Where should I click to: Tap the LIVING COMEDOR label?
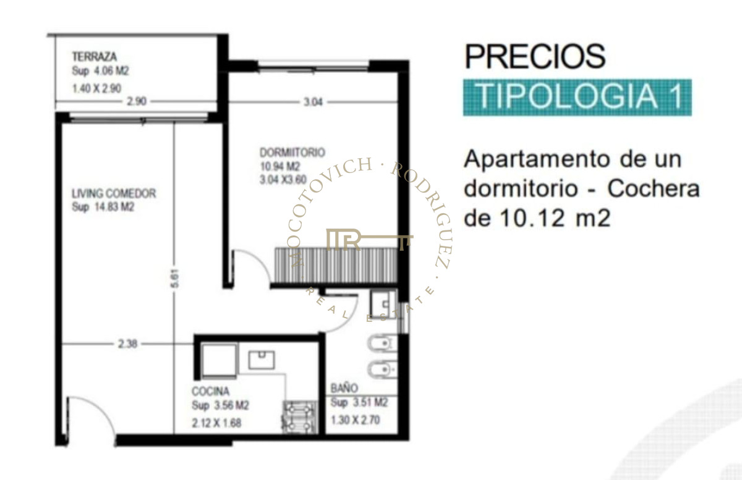pyautogui.click(x=114, y=193)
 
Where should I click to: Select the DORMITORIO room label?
pyautogui.click(x=292, y=153)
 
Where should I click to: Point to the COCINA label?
pyautogui.click(x=210, y=391)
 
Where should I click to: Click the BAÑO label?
pyautogui.click(x=344, y=389)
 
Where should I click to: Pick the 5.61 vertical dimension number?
pyautogui.click(x=174, y=280)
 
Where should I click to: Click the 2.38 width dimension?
pyautogui.click(x=127, y=345)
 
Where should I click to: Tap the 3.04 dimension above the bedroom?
pyautogui.click(x=313, y=102)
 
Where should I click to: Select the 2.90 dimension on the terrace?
pyautogui.click(x=137, y=102)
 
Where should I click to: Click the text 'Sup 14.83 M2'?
pyautogui.click(x=103, y=208)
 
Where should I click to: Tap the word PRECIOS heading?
pyautogui.click(x=535, y=57)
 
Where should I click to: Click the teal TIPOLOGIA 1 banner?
pyautogui.click(x=577, y=98)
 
